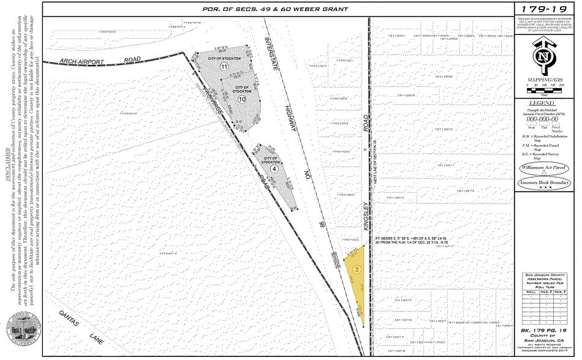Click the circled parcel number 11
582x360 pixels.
tap(224, 66)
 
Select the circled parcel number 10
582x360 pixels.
tap(242, 98)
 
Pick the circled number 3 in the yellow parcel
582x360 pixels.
tap(356, 268)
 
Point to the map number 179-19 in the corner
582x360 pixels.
tap(543, 9)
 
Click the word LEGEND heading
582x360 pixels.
tap(543, 105)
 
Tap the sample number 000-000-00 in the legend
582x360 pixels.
tap(543, 121)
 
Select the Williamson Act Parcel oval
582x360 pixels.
tap(543, 166)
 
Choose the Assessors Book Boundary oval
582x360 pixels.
tap(543, 183)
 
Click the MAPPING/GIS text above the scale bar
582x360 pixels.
tap(543, 79)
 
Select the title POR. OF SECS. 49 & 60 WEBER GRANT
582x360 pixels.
tap(275, 9)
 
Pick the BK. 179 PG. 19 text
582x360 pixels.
tap(543, 331)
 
